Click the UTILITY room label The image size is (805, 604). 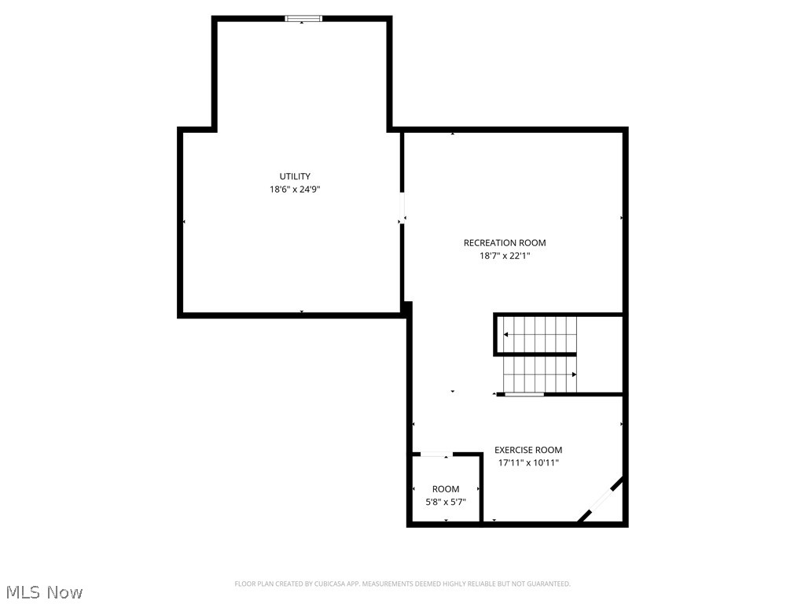pos(295,176)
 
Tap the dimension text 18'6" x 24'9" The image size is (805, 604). pos(295,189)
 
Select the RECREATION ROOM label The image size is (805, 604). pos(505,243)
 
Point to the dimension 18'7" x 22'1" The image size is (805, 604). pos(505,256)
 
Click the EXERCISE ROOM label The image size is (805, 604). pos(528,451)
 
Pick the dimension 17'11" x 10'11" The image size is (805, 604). pos(528,463)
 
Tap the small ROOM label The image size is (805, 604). pos(445,489)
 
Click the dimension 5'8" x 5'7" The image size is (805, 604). pos(445,502)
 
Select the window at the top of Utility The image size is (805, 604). pos(303,18)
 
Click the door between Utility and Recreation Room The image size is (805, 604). pos(402,207)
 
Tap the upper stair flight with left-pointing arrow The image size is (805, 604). pos(540,334)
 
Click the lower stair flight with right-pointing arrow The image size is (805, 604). pos(540,374)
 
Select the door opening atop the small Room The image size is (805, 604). pos(436,454)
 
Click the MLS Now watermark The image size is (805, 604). pos(44,591)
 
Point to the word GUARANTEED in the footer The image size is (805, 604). pos(548,584)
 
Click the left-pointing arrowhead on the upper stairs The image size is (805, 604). pos(505,335)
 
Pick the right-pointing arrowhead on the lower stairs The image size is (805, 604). pos(574,374)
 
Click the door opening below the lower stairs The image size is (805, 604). pos(524,394)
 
